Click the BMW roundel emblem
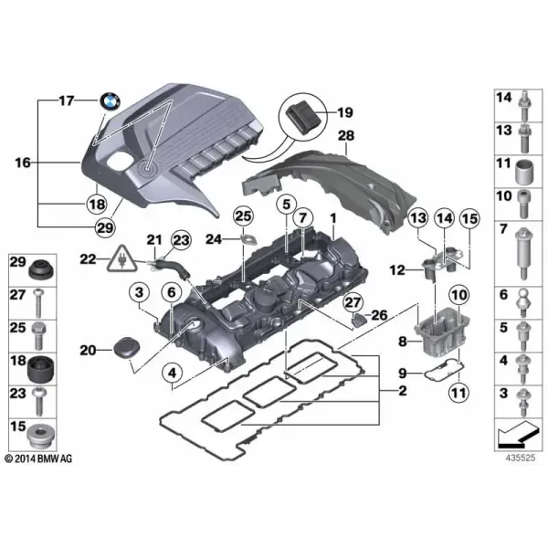111,102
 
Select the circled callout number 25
243,216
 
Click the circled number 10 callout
459,296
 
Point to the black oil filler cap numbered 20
127,348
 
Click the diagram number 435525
520,458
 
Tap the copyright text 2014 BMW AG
38,458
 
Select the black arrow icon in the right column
517,436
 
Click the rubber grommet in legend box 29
41,270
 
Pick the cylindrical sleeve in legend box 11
524,172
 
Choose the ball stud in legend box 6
523,303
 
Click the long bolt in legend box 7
523,253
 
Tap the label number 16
23,163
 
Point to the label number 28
346,135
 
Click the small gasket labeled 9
444,370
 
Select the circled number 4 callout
173,374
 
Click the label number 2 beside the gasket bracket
403,390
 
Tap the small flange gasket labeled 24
248,240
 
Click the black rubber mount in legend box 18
41,370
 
